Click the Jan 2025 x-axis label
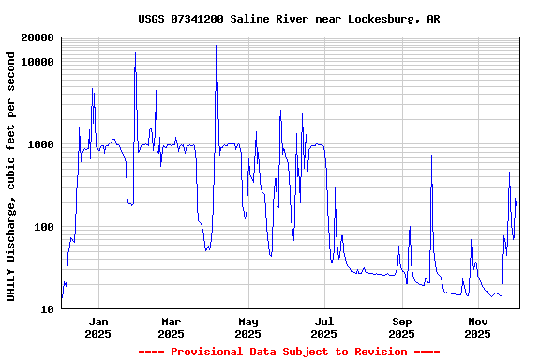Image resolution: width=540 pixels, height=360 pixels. click(98, 327)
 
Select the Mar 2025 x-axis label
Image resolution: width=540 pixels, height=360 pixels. click(171, 327)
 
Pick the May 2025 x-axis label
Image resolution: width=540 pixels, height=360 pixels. click(247, 327)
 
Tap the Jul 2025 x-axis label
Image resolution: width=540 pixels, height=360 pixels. click(324, 327)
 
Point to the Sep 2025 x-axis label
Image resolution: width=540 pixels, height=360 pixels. click(401, 327)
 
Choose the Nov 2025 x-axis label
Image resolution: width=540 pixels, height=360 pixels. click(478, 327)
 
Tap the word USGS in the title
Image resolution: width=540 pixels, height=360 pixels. click(151, 19)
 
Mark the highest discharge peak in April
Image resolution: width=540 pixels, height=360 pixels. click(217, 46)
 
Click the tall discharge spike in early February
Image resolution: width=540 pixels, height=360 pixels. click(135, 53)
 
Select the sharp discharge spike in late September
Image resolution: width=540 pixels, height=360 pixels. click(431, 156)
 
